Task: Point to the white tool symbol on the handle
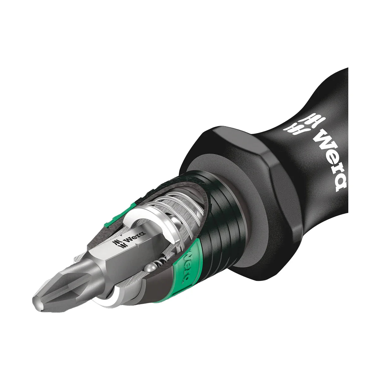point(298,125)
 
